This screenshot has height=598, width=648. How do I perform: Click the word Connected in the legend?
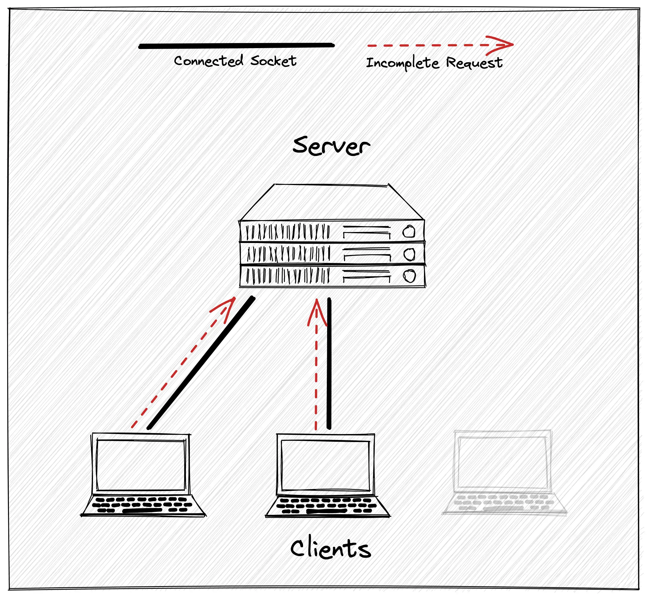(x=209, y=61)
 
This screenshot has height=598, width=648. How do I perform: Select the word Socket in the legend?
(x=274, y=61)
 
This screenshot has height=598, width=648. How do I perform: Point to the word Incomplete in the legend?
(x=402, y=63)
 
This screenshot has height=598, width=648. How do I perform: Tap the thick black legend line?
(x=236, y=46)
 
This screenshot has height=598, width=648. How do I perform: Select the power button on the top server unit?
(x=409, y=232)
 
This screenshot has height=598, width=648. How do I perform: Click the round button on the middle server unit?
(x=409, y=254)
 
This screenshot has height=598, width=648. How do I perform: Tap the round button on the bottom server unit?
(x=409, y=276)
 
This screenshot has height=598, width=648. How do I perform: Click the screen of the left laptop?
(x=141, y=465)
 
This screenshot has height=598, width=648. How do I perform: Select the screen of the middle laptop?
(x=325, y=466)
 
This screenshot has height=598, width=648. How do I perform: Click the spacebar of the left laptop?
(x=142, y=511)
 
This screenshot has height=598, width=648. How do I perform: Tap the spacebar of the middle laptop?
(x=326, y=511)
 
